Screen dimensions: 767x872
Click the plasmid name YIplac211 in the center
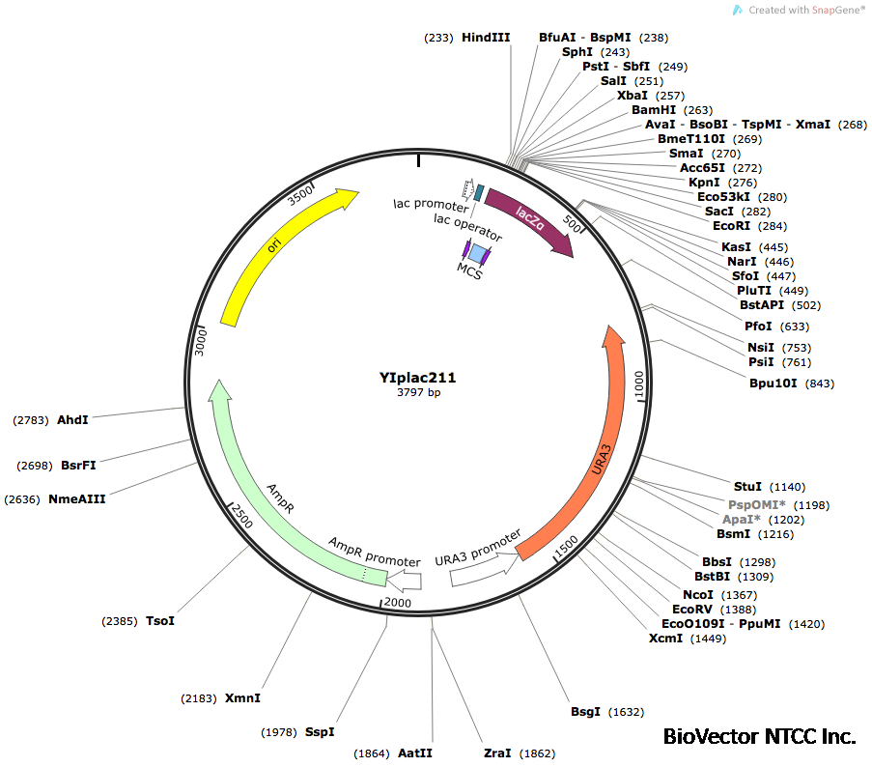click(417, 379)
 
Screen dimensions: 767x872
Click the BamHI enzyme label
click(652, 110)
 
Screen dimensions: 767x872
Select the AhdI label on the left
click(72, 419)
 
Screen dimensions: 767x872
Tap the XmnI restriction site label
click(242, 697)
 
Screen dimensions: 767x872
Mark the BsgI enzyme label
click(585, 712)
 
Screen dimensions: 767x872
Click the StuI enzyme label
click(747, 487)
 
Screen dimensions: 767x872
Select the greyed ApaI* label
click(742, 520)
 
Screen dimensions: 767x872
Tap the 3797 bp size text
click(418, 393)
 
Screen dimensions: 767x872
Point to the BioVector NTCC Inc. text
click(759, 736)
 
